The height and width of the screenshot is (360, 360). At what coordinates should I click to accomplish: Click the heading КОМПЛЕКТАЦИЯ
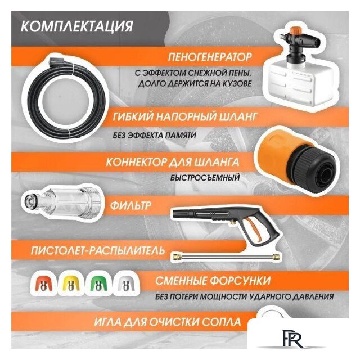77,26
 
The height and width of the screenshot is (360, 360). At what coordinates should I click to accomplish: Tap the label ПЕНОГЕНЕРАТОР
209,57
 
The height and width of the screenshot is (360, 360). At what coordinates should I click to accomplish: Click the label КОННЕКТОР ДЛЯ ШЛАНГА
173,163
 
